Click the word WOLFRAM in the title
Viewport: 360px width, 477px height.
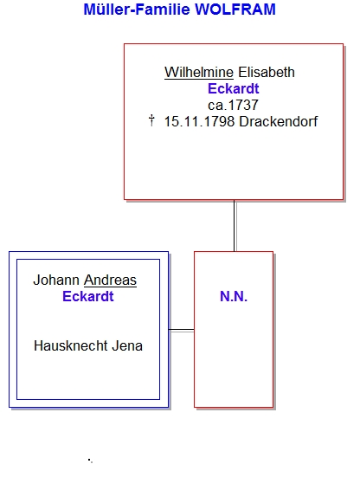pos(235,10)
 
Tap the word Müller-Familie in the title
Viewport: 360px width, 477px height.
pos(137,10)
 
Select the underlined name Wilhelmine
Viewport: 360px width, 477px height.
pos(199,73)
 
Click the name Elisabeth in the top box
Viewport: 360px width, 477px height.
pos(267,73)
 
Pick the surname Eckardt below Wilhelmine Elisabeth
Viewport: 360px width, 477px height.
pos(233,89)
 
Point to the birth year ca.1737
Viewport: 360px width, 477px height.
pos(233,106)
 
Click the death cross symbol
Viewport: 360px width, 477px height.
pos(151,120)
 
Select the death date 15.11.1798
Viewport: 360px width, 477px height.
pos(199,122)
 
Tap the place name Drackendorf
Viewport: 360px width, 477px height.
pos(278,122)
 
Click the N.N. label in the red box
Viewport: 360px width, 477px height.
pos(234,296)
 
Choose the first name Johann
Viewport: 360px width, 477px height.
pos(56,280)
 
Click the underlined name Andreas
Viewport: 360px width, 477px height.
pos(111,280)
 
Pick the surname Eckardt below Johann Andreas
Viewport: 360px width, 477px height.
pos(88,296)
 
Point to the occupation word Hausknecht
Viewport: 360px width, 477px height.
pos(71,346)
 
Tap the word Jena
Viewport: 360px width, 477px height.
pos(127,346)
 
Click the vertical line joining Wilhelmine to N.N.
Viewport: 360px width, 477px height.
pos(235,225)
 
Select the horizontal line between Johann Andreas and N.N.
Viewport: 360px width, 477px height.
pos(181,330)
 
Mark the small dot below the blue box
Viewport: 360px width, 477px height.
pos(90,461)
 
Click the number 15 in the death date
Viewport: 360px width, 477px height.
pos(170,122)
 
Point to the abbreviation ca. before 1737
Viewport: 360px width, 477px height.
pos(215,106)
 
